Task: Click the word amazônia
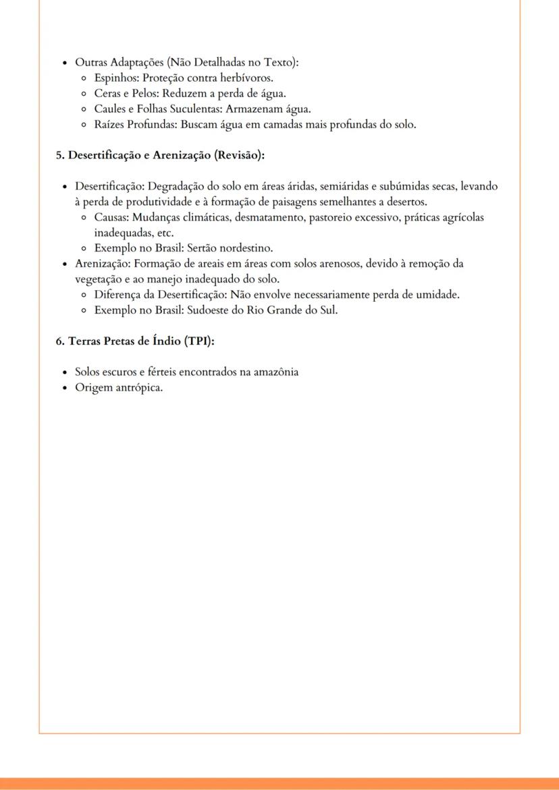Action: tap(272, 372)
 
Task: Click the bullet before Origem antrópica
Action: tap(63, 388)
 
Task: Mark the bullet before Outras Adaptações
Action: tap(63, 63)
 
